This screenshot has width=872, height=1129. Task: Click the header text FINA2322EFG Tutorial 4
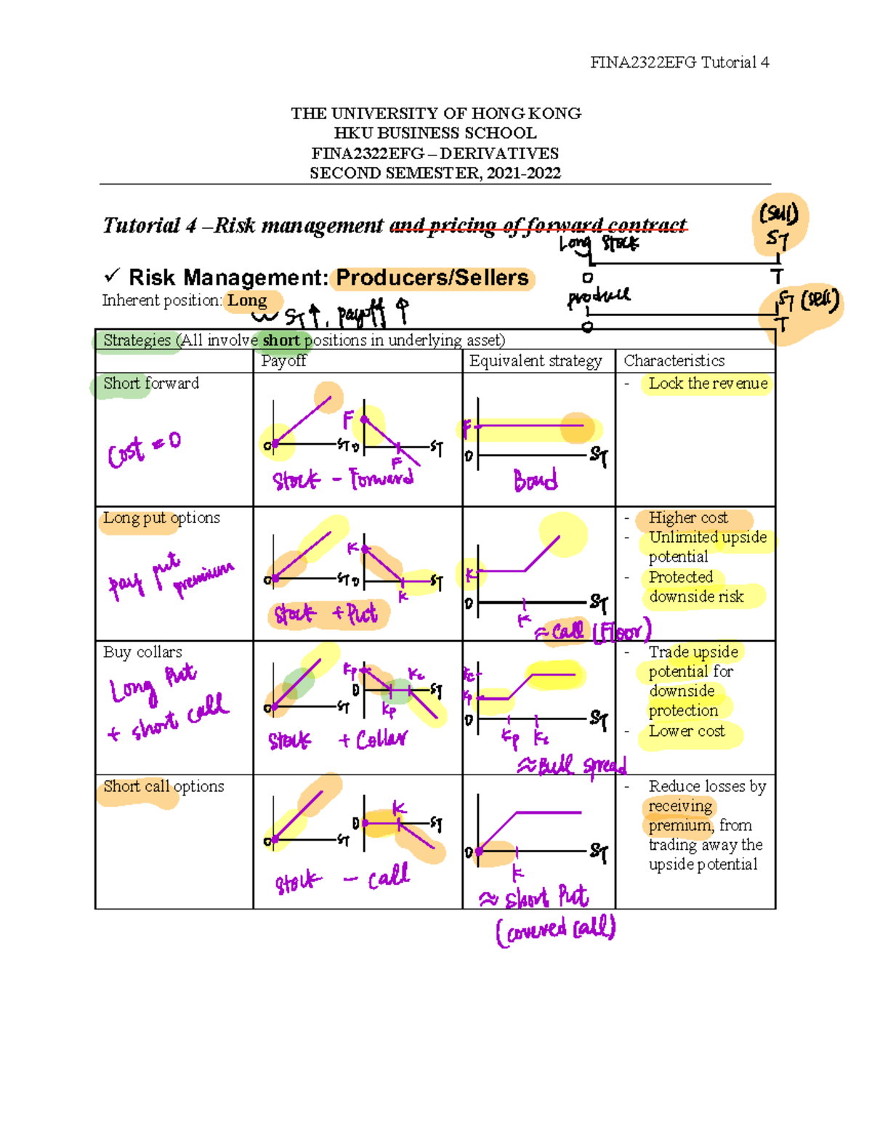(x=679, y=62)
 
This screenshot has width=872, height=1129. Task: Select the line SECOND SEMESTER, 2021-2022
(x=435, y=173)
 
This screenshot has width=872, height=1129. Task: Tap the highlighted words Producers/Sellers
(x=432, y=278)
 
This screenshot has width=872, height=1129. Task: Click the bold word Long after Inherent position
(x=247, y=300)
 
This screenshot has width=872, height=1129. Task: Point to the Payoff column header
(x=283, y=360)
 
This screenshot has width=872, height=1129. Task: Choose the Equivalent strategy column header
(x=536, y=360)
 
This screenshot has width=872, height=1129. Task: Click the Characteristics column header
(x=674, y=360)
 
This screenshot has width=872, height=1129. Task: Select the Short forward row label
(x=151, y=383)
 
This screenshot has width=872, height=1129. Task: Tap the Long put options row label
(x=161, y=518)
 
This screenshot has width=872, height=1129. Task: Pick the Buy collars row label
(x=142, y=652)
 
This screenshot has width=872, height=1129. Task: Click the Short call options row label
(x=163, y=786)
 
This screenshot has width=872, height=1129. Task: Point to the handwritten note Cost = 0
(x=144, y=450)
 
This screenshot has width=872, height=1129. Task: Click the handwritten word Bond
(x=536, y=480)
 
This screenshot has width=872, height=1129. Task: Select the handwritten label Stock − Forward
(x=343, y=479)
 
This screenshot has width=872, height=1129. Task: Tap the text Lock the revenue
(x=708, y=383)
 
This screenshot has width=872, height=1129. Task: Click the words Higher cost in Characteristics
(x=687, y=518)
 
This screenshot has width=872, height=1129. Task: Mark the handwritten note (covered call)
(x=556, y=930)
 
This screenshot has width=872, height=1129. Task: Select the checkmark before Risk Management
(x=112, y=275)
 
